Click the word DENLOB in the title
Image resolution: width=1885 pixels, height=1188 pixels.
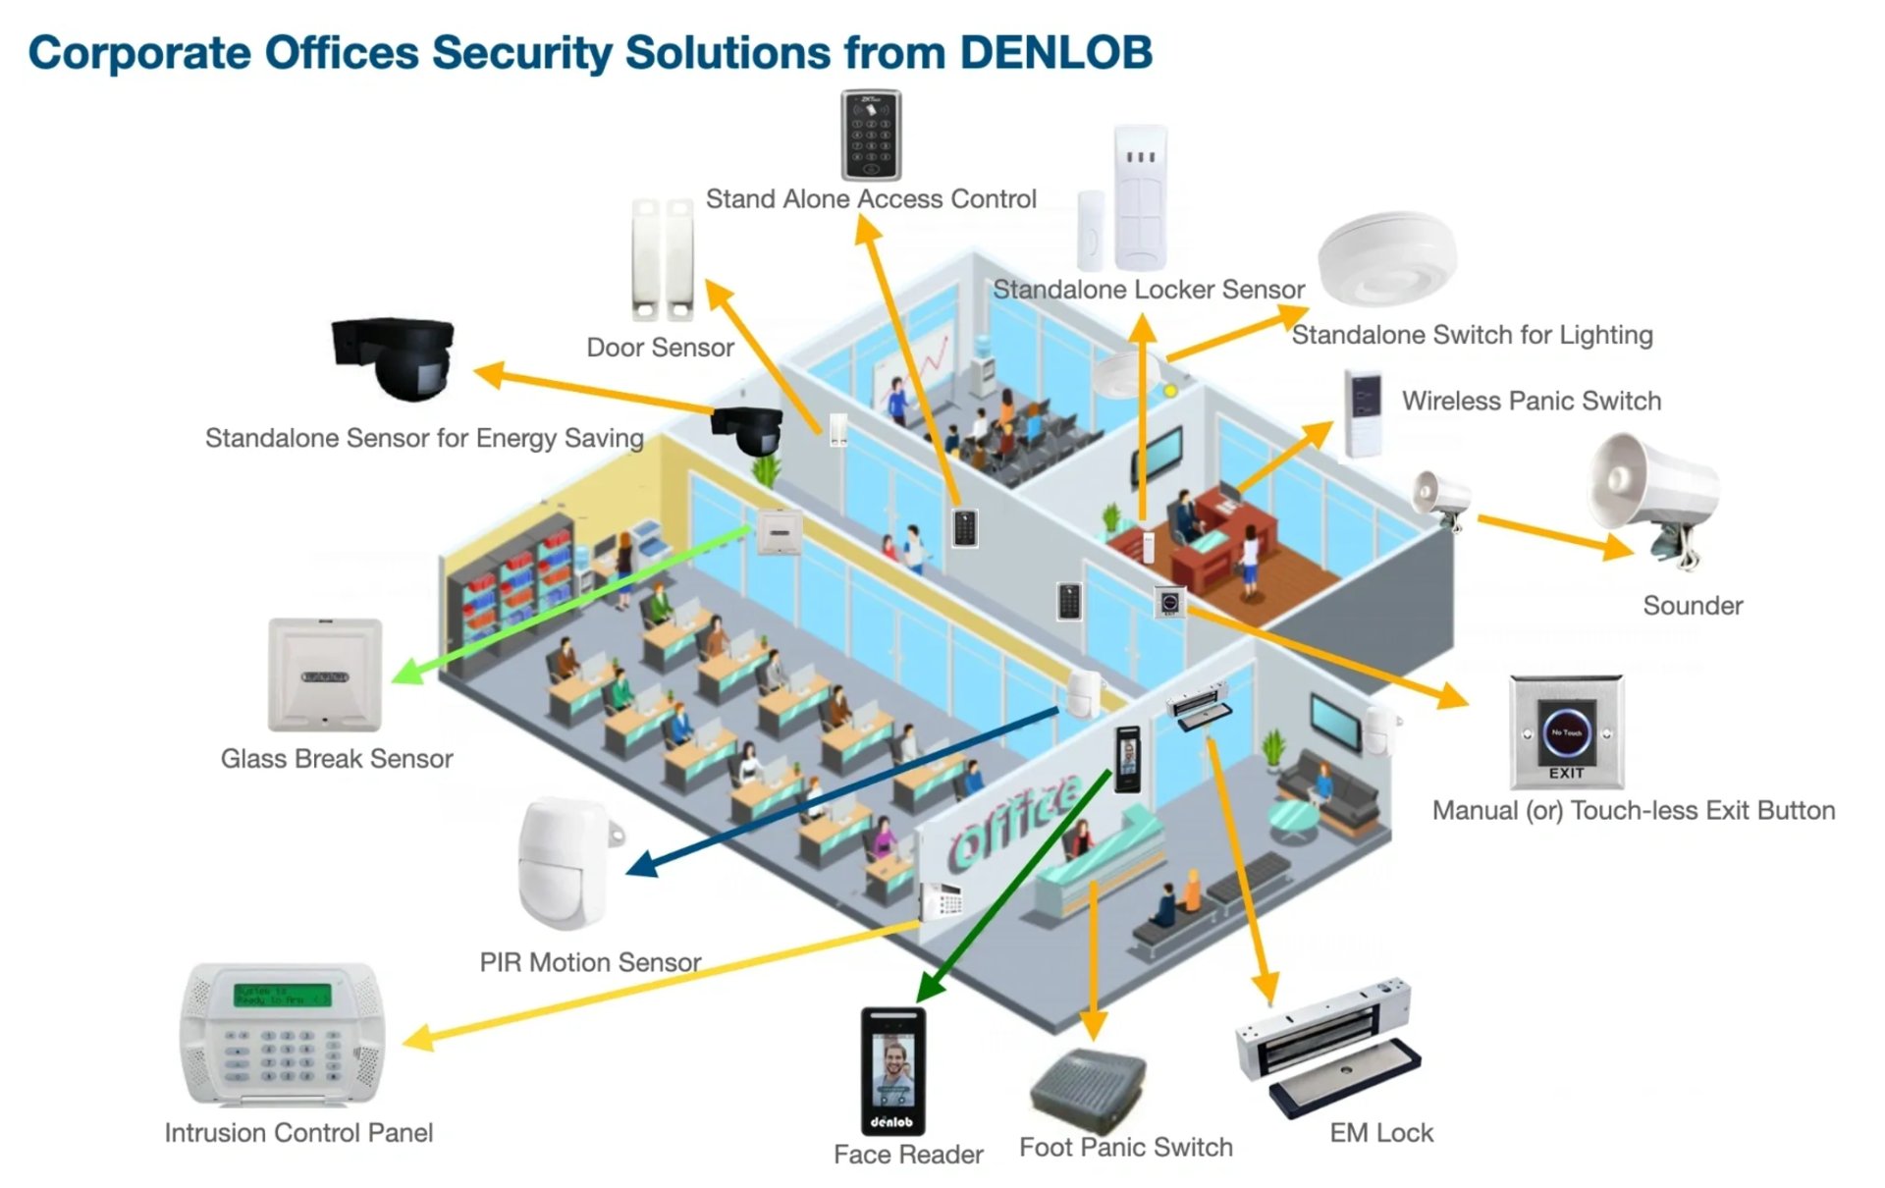coord(1055,52)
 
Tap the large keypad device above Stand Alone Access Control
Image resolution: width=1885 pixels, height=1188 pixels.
coord(871,135)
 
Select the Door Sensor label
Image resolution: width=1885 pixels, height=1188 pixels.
coord(660,348)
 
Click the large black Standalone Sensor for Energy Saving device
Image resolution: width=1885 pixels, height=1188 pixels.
coord(395,357)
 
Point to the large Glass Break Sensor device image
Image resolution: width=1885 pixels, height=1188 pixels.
coord(325,675)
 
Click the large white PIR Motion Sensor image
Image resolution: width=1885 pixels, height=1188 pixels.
coord(565,864)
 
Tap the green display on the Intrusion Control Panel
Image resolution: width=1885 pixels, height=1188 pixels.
coord(282,995)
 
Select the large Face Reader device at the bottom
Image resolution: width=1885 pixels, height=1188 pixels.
coord(892,1071)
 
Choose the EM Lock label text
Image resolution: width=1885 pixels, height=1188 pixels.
coord(1381,1133)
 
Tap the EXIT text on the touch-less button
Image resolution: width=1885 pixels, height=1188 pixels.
coord(1566,774)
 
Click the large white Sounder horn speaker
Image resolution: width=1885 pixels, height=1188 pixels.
coord(1654,496)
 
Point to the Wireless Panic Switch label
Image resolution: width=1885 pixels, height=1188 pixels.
coord(1531,401)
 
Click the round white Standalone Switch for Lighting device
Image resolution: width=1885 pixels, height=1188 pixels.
coord(1385,260)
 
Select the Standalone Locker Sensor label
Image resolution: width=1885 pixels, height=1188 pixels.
coord(1149,290)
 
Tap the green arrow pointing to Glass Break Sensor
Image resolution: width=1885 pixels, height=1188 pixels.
coord(574,601)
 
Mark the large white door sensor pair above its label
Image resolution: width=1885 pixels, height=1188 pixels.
coord(663,259)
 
